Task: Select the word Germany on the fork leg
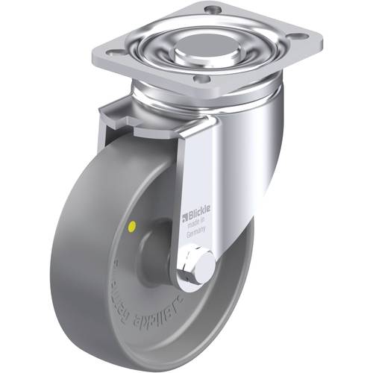(195, 233)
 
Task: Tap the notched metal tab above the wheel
(119, 116)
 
